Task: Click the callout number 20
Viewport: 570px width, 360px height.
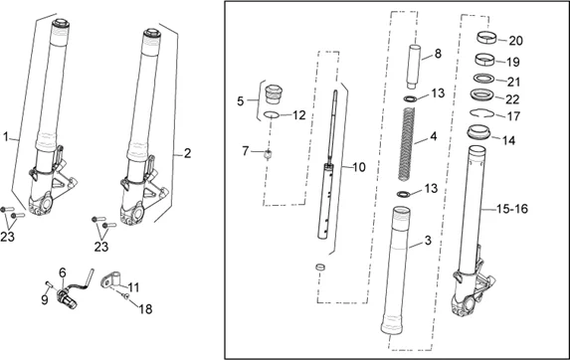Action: pos(515,41)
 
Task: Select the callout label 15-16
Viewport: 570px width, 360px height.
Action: pos(512,209)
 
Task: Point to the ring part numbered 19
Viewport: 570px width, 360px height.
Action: pos(484,60)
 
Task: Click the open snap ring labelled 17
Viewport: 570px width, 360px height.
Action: pos(482,114)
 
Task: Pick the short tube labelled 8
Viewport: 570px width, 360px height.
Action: pos(414,67)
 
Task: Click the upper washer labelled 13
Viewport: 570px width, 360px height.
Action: pos(411,98)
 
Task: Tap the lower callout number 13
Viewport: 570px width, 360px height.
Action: pos(431,189)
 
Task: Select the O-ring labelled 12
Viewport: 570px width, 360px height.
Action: pos(272,115)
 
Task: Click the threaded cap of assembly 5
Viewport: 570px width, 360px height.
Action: pos(274,94)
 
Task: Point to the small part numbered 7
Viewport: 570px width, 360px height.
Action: pos(269,155)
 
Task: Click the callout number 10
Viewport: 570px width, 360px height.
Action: pos(358,167)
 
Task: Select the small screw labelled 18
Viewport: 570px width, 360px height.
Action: pos(125,296)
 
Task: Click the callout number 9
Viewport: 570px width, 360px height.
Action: pos(45,300)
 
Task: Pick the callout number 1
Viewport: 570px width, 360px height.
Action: pos(5,137)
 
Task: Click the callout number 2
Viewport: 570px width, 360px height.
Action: pos(187,153)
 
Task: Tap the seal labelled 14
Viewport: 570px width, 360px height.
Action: pos(478,132)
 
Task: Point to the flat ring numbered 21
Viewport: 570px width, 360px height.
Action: pos(484,79)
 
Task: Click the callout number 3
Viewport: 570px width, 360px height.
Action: pos(428,240)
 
